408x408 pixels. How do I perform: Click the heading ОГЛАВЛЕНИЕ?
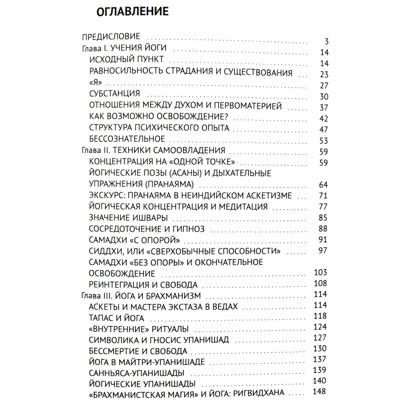click(x=133, y=12)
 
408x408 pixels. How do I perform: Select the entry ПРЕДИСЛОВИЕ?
click(x=111, y=36)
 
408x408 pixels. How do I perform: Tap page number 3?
click(x=327, y=42)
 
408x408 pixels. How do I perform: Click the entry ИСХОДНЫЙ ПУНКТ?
click(x=126, y=59)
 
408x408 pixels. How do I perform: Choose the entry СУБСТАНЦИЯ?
click(x=115, y=93)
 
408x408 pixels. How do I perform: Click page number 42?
click(x=324, y=118)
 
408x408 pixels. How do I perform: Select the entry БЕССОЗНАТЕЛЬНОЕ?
click(x=127, y=139)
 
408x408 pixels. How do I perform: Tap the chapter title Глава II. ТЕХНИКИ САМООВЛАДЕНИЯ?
click(x=154, y=150)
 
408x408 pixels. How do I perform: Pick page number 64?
click(x=323, y=185)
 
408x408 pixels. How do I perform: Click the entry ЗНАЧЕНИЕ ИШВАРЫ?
click(x=128, y=218)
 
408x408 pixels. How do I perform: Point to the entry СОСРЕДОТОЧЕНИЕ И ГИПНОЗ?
click(x=147, y=229)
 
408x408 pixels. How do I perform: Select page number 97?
click(x=323, y=250)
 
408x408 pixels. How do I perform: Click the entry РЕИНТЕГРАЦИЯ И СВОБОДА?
click(x=143, y=285)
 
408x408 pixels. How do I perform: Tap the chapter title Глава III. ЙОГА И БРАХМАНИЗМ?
click(x=141, y=295)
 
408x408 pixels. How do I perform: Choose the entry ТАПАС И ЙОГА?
click(x=117, y=318)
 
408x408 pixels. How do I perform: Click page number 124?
click(x=320, y=327)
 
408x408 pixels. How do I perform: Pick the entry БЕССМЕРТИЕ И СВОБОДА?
click(x=138, y=351)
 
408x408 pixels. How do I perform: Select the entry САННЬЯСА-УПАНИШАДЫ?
click(x=136, y=373)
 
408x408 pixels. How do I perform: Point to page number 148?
click(x=319, y=392)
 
